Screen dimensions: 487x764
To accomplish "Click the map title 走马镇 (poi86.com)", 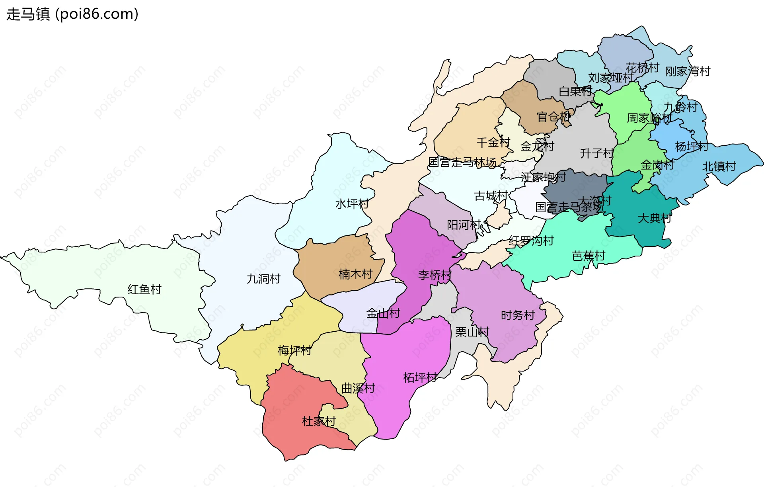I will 72,14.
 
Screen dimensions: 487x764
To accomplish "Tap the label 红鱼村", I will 144,289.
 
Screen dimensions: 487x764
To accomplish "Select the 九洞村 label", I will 263,279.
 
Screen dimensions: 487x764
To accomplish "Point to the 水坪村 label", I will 352,204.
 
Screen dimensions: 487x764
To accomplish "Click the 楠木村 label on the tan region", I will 355,274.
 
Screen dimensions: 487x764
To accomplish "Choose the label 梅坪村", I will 294,350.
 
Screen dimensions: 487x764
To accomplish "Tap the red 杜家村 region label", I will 319,421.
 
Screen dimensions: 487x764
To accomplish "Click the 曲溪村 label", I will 358,388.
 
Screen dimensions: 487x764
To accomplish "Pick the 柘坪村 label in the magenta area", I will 420,377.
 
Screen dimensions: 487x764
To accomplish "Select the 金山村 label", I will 383,313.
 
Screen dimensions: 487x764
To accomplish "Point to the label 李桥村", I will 435,275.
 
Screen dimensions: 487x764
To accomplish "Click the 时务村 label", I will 518,315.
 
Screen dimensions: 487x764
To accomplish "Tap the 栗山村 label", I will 472,332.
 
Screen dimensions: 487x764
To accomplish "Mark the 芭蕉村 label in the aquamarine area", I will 589,256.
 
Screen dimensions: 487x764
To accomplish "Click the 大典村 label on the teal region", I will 655,218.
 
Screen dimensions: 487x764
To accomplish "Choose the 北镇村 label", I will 719,166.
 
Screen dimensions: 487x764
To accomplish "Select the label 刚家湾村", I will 688,72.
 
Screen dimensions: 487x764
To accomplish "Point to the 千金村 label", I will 493,143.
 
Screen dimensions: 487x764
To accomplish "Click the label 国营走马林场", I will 462,162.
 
